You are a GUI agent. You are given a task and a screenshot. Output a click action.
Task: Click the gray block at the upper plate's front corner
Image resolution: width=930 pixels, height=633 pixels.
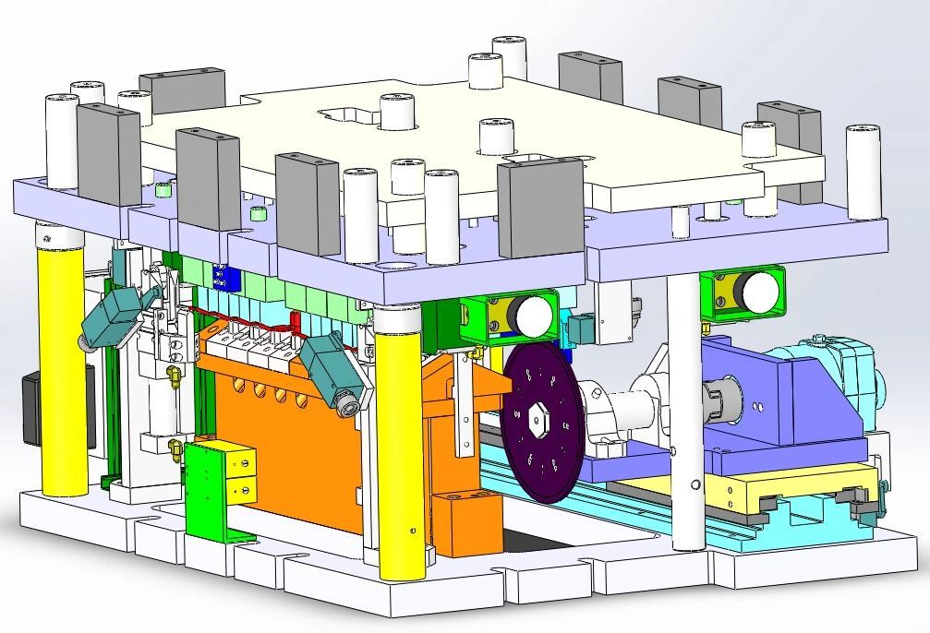[540, 208]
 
